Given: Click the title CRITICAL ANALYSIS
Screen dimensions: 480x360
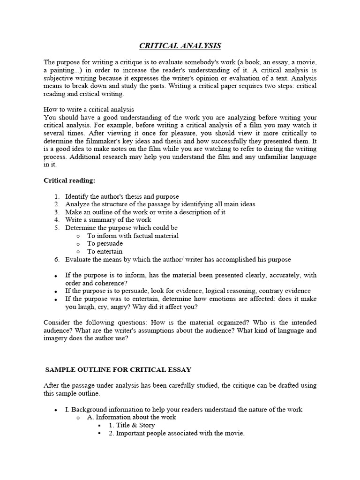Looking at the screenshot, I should pos(180,45).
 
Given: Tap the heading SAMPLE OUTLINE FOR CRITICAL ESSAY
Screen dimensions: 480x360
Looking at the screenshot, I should pos(118,369).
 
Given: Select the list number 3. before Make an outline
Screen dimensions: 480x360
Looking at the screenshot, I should pos(57,212).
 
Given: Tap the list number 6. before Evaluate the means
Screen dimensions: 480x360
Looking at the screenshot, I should pos(57,259).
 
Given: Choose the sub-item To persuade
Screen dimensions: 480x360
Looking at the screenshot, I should pos(105,243).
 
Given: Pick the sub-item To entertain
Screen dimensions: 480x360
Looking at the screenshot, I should pos(105,251).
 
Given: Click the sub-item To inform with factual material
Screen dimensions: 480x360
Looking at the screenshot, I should pos(133,235).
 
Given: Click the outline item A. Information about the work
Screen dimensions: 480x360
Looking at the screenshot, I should pos(132,417).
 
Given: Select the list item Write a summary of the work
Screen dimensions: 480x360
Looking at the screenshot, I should pos(108,219).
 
